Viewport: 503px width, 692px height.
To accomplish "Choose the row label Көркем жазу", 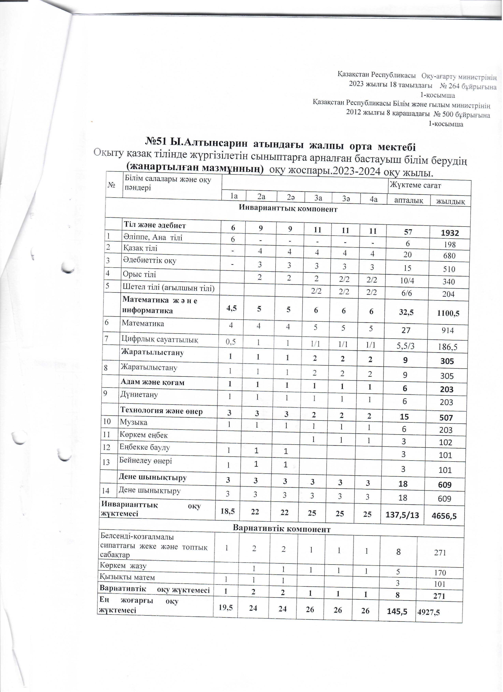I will pyautogui.click(x=123, y=566).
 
